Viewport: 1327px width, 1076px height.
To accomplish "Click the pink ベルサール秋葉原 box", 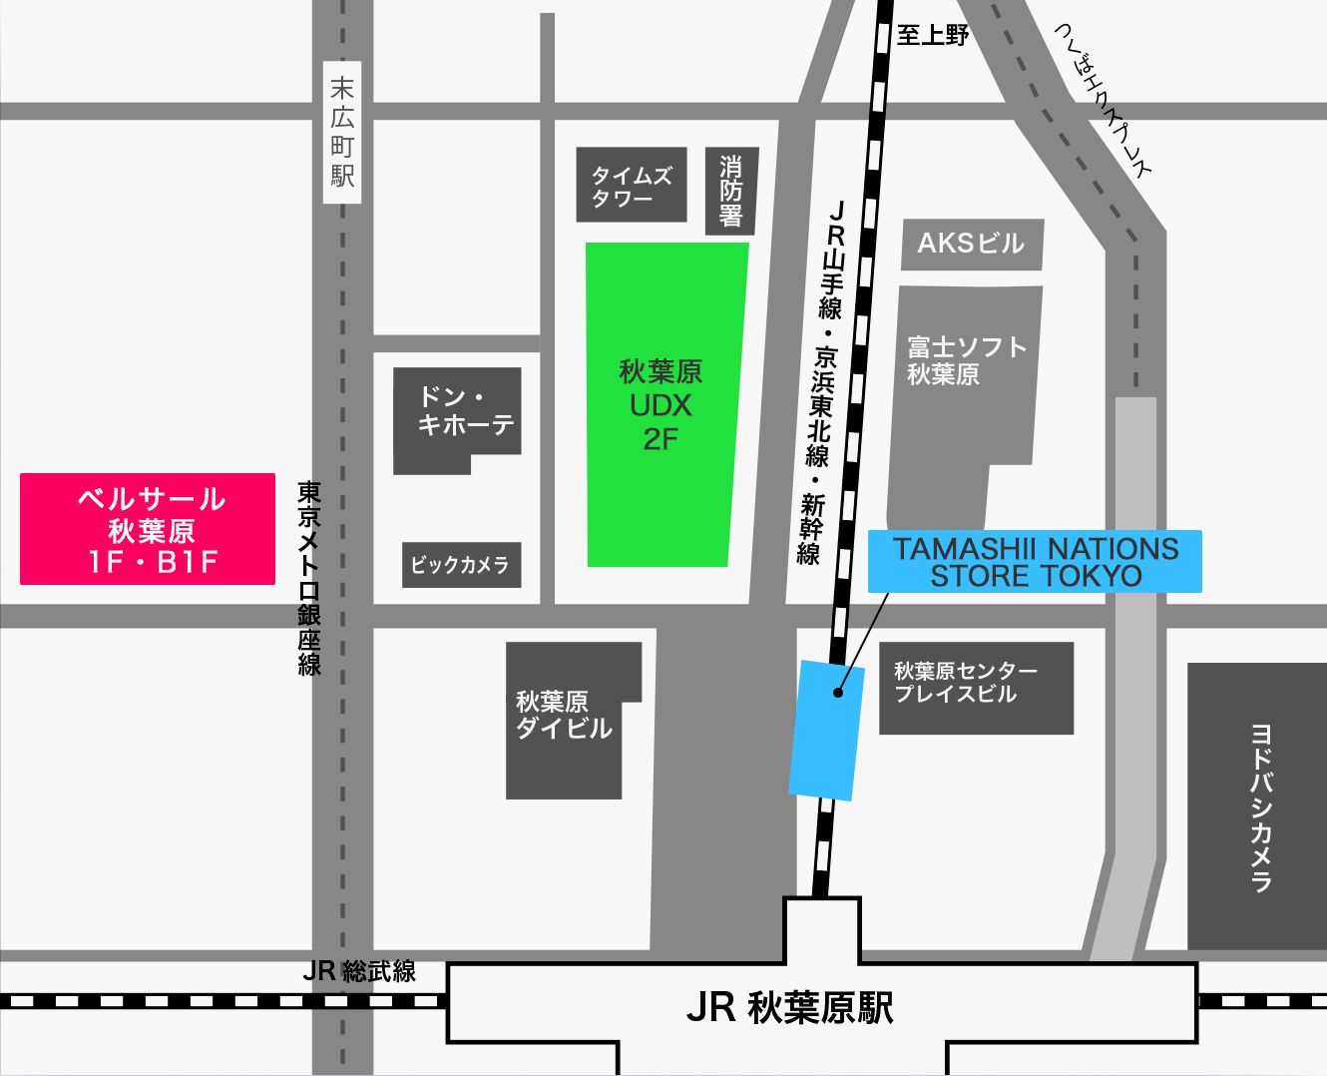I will pyautogui.click(x=148, y=529).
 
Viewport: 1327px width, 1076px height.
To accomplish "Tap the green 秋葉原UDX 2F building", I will pyautogui.click(x=663, y=404).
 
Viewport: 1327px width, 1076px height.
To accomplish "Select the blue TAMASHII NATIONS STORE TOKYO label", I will pyautogui.click(x=1035, y=562).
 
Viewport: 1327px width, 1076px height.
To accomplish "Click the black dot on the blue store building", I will pyautogui.click(x=837, y=692).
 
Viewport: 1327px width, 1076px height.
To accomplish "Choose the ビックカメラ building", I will pyautogui.click(x=461, y=565).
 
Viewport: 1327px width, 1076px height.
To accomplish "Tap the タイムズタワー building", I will pyautogui.click(x=632, y=186).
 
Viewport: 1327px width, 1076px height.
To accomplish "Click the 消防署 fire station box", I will pyautogui.click(x=731, y=191).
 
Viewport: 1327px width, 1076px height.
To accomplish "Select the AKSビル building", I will pyautogui.click(x=971, y=244).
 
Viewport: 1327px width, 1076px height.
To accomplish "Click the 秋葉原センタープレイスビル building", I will pyautogui.click(x=975, y=687).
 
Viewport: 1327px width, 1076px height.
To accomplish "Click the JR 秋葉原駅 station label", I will pyautogui.click(x=790, y=1008).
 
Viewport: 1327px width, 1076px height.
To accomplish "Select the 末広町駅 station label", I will pyautogui.click(x=342, y=133).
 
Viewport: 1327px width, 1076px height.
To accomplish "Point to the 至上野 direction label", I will pyautogui.click(x=933, y=36).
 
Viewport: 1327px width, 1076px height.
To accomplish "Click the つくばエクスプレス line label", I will pyautogui.click(x=1103, y=100).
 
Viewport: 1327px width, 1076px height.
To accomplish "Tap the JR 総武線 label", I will pyautogui.click(x=359, y=971).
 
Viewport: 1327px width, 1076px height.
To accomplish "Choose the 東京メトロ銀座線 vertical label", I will pyautogui.click(x=309, y=579).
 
